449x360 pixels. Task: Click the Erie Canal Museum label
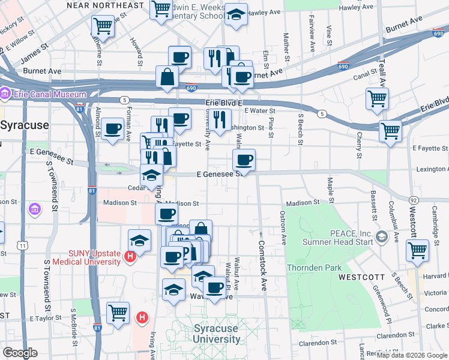[x=47, y=94]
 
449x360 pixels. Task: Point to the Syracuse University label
[x=215, y=334]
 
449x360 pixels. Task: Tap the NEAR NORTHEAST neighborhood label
[x=106, y=5]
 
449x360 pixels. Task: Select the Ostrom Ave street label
[x=283, y=227]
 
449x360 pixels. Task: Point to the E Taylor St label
[x=39, y=316]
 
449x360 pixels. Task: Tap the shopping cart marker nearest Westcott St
[x=417, y=251]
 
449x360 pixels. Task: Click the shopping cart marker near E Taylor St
[x=118, y=312]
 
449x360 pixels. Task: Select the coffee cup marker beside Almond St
[x=112, y=128]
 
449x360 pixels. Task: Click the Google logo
[x=20, y=353]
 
